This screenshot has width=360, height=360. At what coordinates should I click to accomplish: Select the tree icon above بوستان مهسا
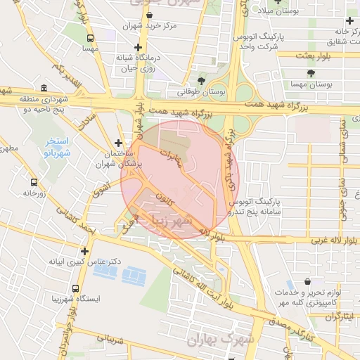pos(309,72)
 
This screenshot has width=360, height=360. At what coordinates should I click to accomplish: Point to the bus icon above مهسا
pos(89,38)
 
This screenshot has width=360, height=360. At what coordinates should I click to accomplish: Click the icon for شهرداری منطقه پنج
pos(44,89)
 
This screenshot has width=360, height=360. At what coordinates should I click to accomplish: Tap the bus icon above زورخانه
pos(32,181)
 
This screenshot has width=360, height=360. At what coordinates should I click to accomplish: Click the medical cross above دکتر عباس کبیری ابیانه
pos(84,250)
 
